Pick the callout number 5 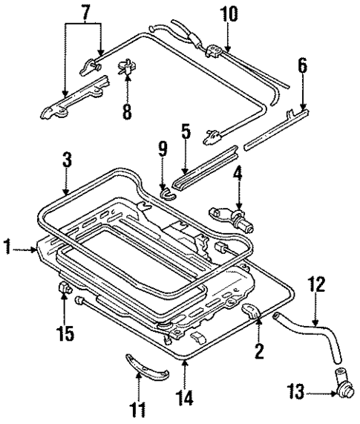(186, 134)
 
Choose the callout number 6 (302, 66)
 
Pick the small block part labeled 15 (65, 288)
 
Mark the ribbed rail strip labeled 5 (205, 167)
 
